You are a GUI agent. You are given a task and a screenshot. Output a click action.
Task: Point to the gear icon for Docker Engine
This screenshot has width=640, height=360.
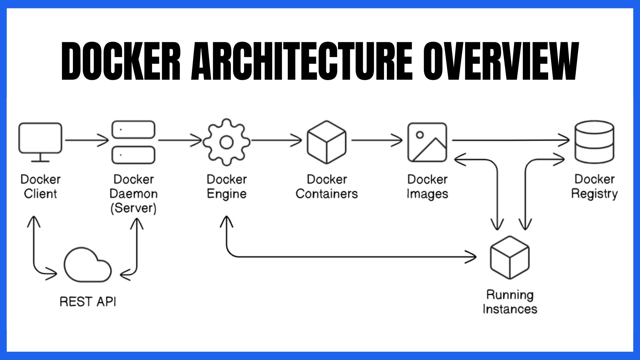coord(227,142)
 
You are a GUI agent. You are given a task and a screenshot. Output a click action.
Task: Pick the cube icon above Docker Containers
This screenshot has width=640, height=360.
coord(327,142)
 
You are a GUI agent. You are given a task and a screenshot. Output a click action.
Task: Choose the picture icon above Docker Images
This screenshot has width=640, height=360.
coord(427,142)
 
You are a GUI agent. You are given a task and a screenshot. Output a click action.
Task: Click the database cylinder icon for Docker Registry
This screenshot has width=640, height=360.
coord(594,142)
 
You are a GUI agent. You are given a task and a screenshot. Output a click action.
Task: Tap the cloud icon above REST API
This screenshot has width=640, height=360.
coord(87,266)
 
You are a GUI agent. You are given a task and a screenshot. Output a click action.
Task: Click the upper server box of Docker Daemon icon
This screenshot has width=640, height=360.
coord(133,129)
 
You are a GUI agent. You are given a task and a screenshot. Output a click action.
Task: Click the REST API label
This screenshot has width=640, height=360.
coord(88,301)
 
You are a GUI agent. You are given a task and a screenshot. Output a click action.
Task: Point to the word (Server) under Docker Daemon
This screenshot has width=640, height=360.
coord(133,208)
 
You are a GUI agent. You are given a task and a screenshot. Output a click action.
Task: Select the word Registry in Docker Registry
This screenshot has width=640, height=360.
coord(594,194)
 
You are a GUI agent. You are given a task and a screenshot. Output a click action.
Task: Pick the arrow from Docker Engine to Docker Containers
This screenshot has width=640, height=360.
coord(276,140)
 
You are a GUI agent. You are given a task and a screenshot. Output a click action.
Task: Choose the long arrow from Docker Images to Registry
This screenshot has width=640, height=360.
coord(510,140)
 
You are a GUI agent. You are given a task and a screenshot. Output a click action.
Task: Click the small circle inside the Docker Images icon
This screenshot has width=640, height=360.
coord(420,135)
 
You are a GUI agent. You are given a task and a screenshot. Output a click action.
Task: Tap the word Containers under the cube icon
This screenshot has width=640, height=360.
coord(327,194)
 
